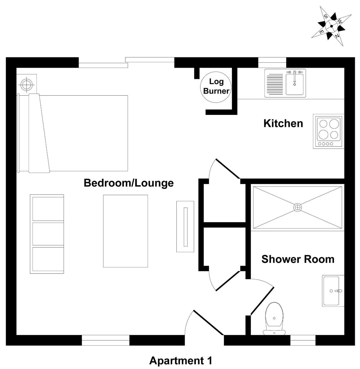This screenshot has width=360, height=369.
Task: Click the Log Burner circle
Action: (x=216, y=87)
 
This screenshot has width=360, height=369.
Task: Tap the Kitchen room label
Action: (x=283, y=123)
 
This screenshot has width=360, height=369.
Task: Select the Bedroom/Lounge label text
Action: (x=129, y=183)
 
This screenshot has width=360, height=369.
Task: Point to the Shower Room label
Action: (x=298, y=259)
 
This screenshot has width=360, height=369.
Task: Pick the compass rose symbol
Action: (x=331, y=26)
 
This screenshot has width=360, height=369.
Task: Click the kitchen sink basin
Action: (x=295, y=84)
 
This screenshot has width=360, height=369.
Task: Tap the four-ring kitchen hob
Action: (x=329, y=131)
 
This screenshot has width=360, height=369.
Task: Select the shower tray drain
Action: (x=297, y=207)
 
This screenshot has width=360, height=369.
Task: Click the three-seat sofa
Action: (x=47, y=234)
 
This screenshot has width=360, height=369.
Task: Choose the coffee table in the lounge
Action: (x=126, y=231)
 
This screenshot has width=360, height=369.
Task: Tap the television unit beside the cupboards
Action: (x=185, y=226)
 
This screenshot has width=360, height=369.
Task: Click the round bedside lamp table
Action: (x=27, y=84)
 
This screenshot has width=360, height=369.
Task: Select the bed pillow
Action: (x=39, y=133)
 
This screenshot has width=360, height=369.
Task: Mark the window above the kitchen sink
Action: (x=272, y=62)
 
